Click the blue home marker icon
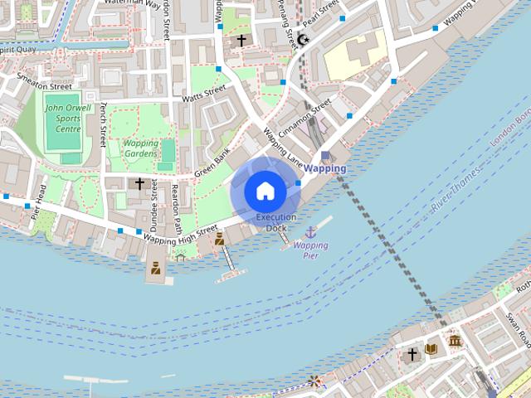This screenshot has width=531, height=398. pyautogui.click(x=265, y=192)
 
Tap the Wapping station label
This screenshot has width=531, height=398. pyautogui.click(x=325, y=168)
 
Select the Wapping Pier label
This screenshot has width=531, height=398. pyautogui.click(x=311, y=250)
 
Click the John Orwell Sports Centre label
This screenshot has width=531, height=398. pyautogui.click(x=63, y=118)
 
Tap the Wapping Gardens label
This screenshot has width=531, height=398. pyautogui.click(x=140, y=148)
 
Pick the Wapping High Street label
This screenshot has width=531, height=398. pyautogui.click(x=180, y=233)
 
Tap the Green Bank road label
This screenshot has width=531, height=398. pyautogui.click(x=212, y=163)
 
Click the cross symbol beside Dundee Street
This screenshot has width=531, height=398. pyautogui.click(x=139, y=183)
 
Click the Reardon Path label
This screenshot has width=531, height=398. pyautogui.click(x=176, y=207)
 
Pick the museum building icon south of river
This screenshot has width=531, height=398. pyautogui.click(x=455, y=341)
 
